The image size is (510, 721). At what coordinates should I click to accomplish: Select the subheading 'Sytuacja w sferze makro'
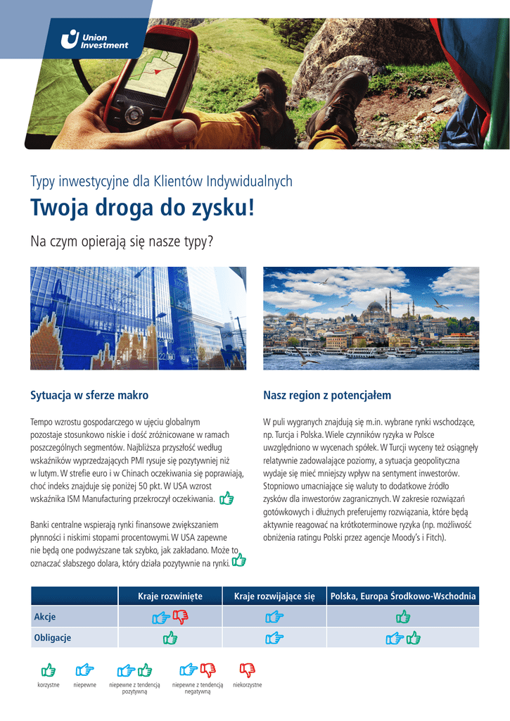89,396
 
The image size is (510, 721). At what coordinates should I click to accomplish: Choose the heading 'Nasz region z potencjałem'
327,396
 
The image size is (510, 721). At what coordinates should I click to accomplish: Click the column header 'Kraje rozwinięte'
170,596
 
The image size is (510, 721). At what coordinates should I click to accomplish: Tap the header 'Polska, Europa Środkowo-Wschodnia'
403,596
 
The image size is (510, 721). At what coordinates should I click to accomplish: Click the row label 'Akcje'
45,617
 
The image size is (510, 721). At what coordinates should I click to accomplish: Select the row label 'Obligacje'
53,638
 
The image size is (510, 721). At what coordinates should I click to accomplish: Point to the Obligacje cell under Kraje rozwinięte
170,638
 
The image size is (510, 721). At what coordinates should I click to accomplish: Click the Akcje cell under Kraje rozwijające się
274,617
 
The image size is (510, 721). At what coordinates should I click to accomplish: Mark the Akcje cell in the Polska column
403,617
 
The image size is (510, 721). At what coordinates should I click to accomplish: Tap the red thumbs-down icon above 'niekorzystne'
247,669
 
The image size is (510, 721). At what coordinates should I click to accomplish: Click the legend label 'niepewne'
85,685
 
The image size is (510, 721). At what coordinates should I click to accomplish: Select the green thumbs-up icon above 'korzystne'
48,669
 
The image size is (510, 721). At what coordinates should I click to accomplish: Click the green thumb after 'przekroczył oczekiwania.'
227,499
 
